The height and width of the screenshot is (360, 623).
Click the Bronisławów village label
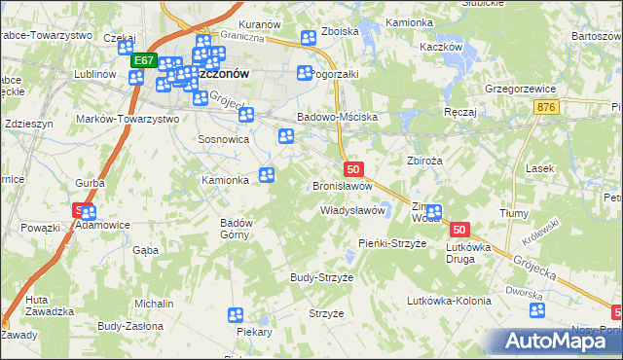[x=343, y=186]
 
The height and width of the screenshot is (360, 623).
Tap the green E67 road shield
[x=144, y=60]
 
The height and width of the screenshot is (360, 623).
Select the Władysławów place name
[x=354, y=210]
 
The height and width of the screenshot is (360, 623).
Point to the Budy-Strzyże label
[x=321, y=277]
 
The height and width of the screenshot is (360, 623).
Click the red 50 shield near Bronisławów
[x=352, y=168]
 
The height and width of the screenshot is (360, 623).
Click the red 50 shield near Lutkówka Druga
[x=460, y=230]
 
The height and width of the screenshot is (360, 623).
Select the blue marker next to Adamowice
[x=89, y=213]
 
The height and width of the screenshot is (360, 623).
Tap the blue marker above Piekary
[x=236, y=314]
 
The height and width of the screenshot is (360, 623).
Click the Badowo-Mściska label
[x=337, y=117]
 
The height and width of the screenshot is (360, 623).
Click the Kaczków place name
[x=438, y=46]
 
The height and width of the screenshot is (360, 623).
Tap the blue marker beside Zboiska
[x=309, y=38]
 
